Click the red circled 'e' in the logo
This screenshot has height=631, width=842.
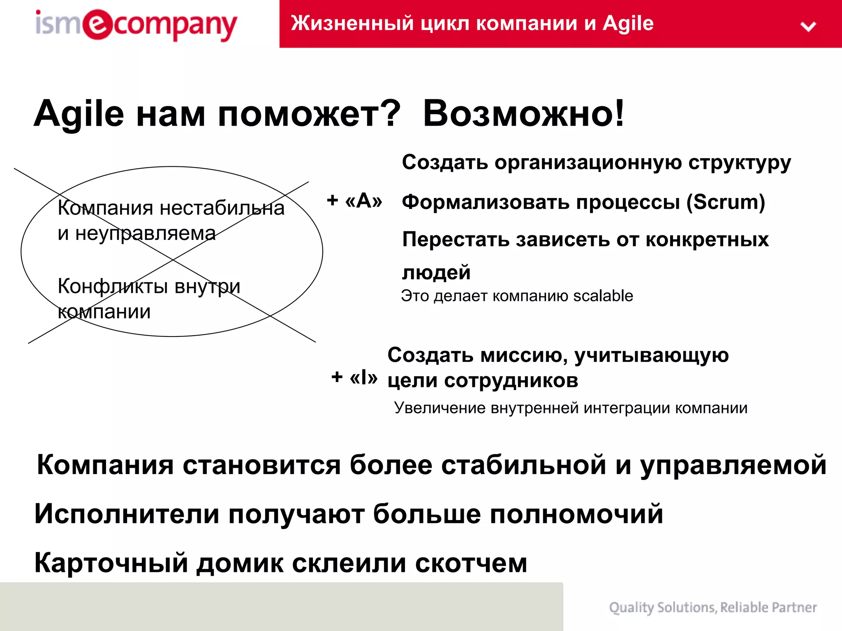coord(97,24)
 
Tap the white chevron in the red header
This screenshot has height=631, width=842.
coord(808,27)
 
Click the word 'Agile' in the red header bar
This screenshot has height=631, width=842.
coord(628,23)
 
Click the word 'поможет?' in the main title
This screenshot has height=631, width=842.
coord(309,114)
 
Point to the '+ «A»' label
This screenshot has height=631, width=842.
coord(354,200)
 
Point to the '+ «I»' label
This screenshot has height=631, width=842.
coord(354,377)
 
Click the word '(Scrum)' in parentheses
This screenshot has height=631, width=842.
coord(726,202)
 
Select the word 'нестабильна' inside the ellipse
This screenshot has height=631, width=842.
coord(222,208)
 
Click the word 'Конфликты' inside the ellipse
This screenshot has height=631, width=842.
coord(113,286)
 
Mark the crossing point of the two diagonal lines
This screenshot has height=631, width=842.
coord(173,260)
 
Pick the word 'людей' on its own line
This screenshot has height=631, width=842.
coord(436,273)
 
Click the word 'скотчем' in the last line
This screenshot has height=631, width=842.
coord(471,563)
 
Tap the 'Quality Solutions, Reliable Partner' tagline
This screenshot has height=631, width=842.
coord(712,607)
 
